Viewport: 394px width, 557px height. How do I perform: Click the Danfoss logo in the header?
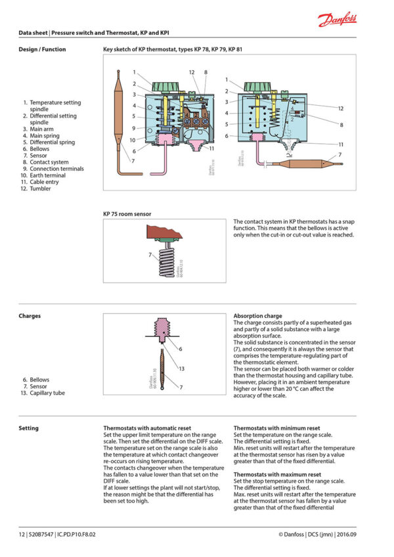[x=338, y=20]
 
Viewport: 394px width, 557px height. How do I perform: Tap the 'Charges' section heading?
[x=30, y=316]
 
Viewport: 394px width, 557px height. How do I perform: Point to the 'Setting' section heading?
[x=28, y=428]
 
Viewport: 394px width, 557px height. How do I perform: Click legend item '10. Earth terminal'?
[x=47, y=175]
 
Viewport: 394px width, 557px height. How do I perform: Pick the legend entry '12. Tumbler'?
[x=41, y=189]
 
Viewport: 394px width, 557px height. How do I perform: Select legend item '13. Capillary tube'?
[x=46, y=393]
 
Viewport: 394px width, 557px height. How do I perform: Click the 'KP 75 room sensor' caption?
[x=127, y=213]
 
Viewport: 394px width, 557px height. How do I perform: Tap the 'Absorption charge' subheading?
[x=257, y=316]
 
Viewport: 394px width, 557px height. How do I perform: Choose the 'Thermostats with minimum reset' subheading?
[x=276, y=428]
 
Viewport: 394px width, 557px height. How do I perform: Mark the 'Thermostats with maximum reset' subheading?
[x=277, y=474]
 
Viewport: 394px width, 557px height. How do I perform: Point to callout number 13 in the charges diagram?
[x=181, y=368]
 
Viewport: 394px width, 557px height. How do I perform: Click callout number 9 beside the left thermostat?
[x=133, y=128]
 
